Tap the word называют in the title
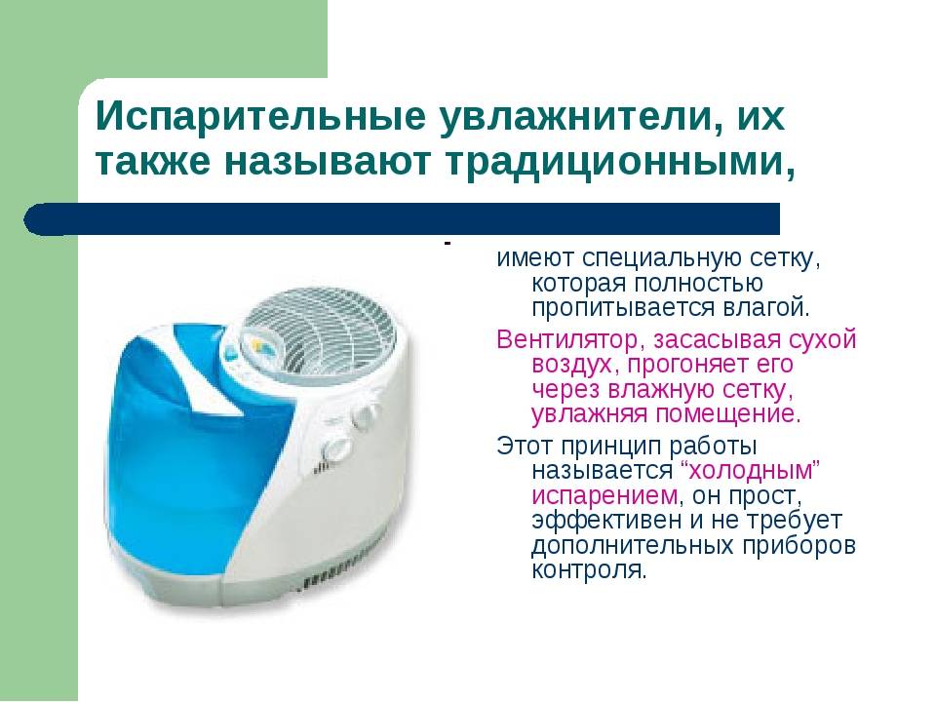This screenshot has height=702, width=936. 328,162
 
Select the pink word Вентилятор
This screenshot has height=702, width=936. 570,339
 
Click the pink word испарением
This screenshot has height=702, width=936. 604,496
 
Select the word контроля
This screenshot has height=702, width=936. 589,569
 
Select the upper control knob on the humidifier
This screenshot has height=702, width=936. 367,413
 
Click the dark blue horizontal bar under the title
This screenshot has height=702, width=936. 402,218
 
